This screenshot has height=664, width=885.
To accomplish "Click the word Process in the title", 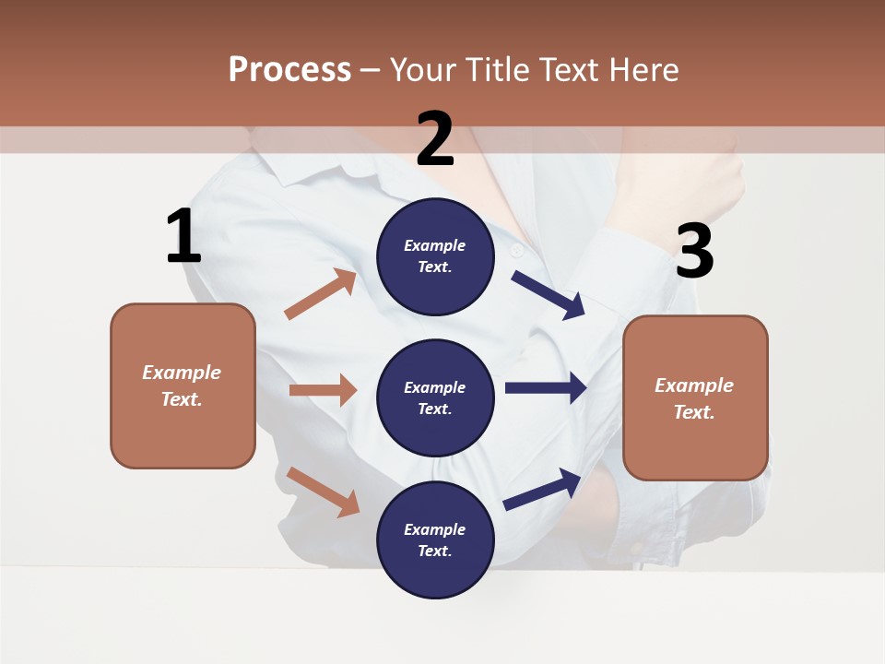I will (x=289, y=69).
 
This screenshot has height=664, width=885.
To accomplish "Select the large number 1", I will (x=183, y=237).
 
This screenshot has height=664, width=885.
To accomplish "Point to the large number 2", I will (x=435, y=139).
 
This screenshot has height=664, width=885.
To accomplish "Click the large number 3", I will (x=694, y=252).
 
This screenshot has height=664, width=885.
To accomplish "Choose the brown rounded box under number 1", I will (x=183, y=385).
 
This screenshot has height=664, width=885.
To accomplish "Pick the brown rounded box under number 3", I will (x=695, y=397).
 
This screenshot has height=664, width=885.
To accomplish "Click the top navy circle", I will (x=435, y=256).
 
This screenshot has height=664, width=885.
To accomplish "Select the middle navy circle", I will (x=435, y=397).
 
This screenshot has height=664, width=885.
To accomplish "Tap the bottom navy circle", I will (x=435, y=539).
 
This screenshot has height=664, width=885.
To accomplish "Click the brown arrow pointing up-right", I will (x=320, y=294).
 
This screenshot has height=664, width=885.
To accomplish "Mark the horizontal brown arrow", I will (x=323, y=390).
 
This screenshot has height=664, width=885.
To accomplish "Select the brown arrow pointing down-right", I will (x=323, y=492).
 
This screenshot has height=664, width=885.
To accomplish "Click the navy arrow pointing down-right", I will (x=549, y=294).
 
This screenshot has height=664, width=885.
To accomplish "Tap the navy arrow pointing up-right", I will (x=543, y=489).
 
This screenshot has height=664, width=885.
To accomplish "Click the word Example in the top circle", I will (x=435, y=245).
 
